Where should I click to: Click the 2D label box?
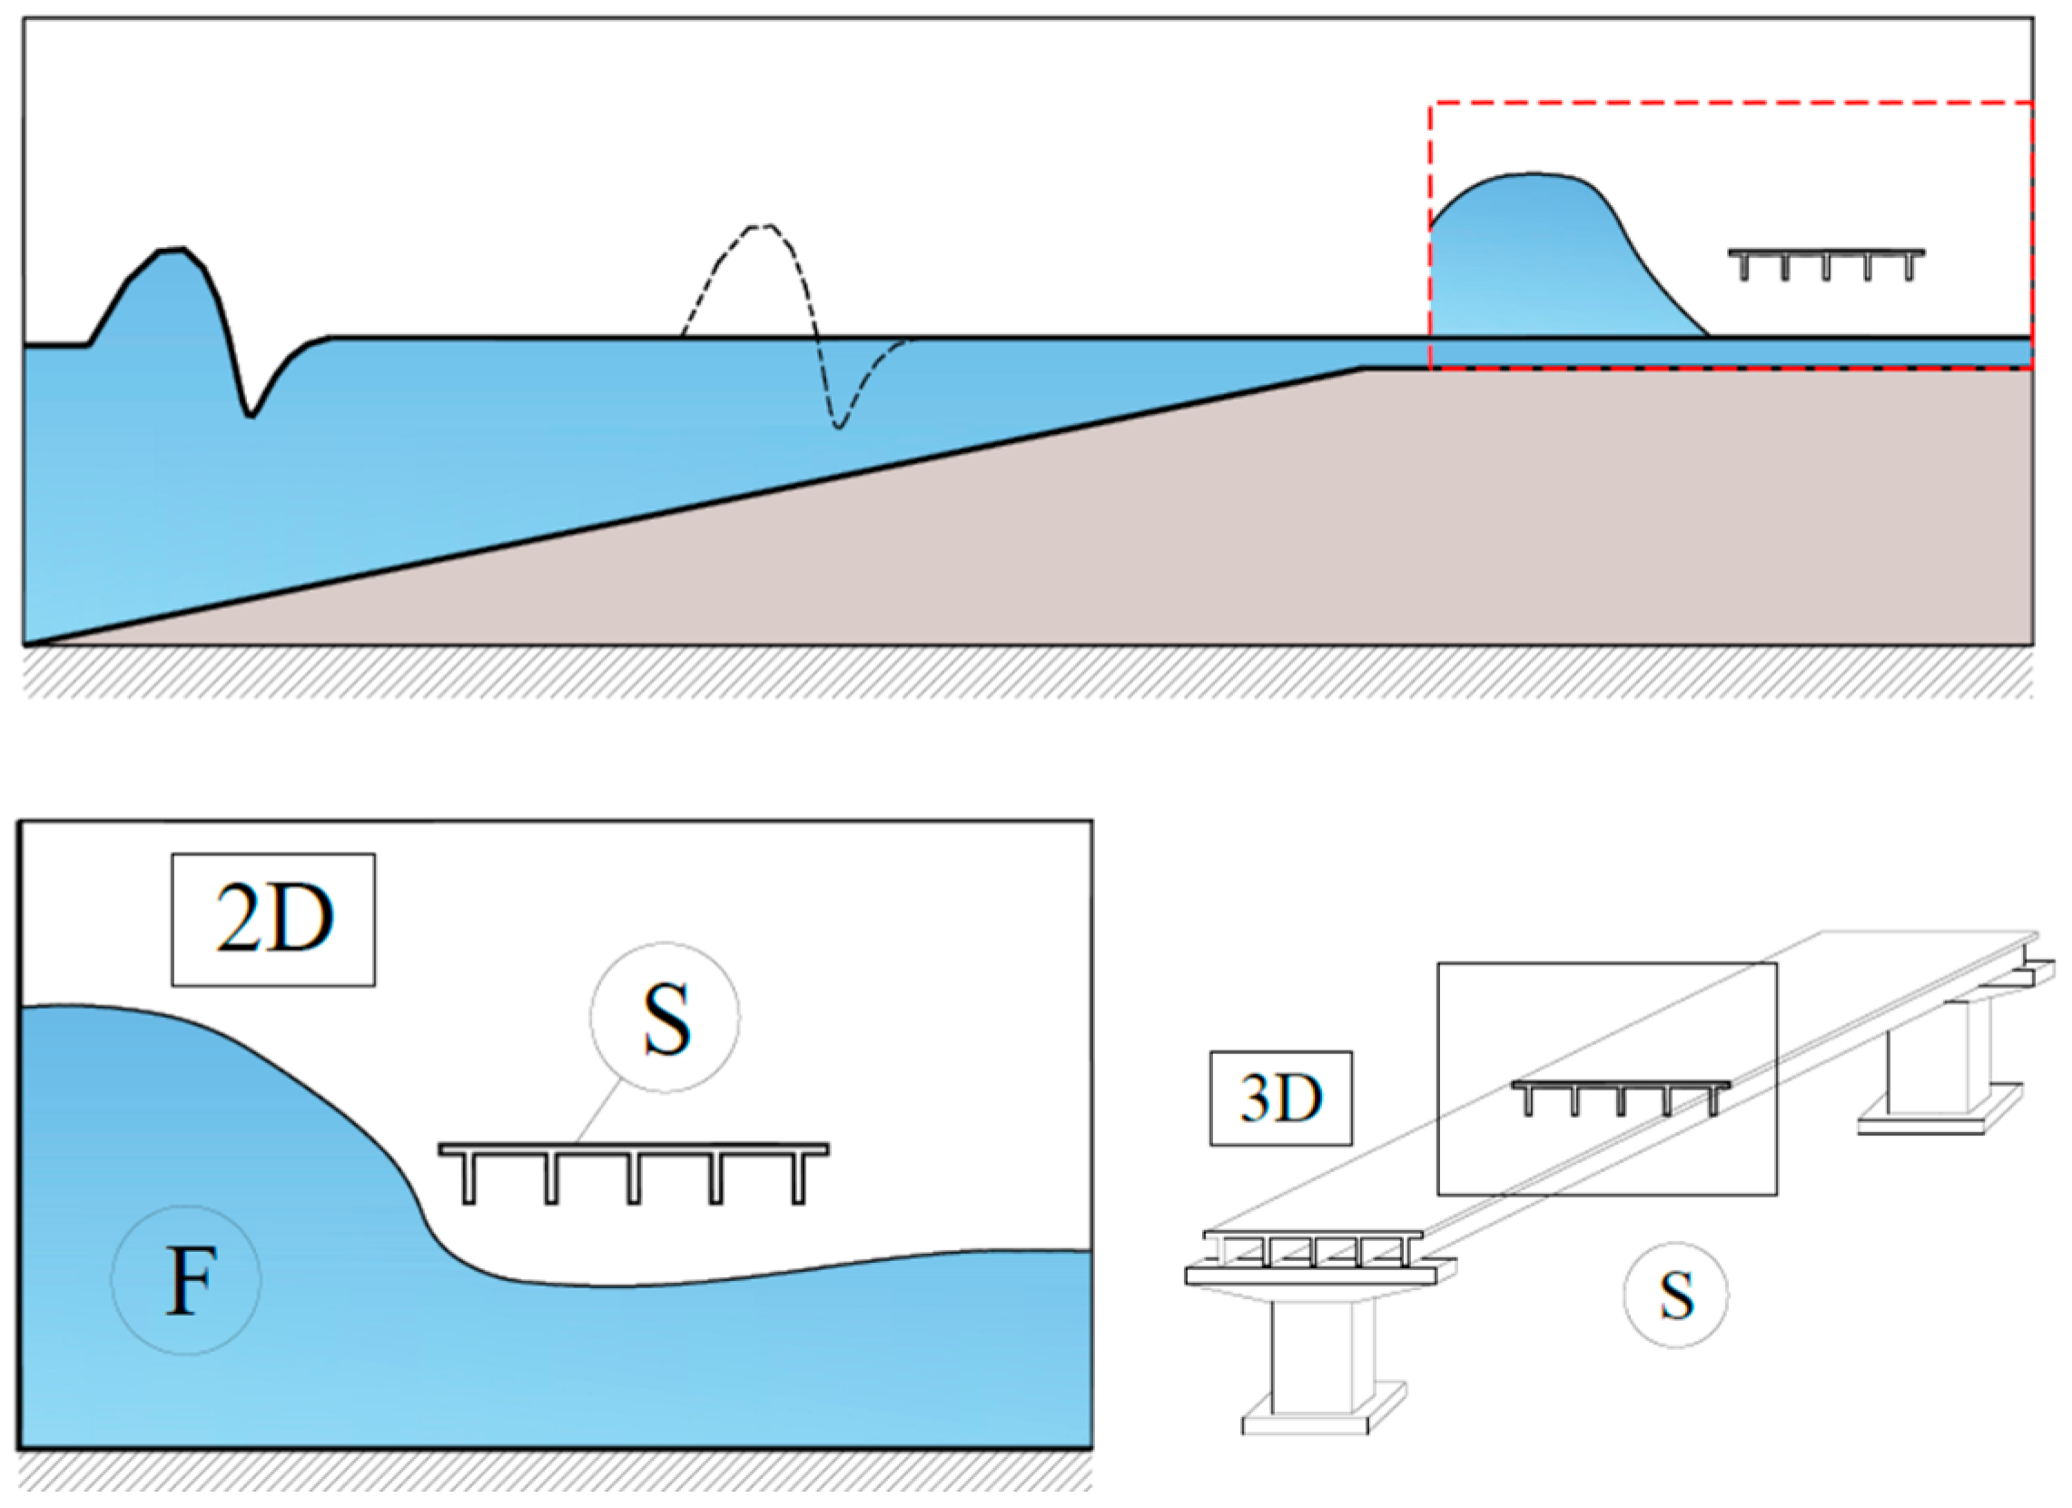pyautogui.click(x=273, y=919)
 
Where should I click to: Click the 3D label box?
pyautogui.click(x=1280, y=1098)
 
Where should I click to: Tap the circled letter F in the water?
pyautogui.click(x=186, y=1279)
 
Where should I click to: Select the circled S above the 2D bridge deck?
pyautogui.click(x=665, y=1018)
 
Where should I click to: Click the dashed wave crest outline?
pyautogui.click(x=758, y=229)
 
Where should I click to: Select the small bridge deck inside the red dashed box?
pyautogui.click(x=1826, y=255)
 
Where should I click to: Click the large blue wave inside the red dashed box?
pyautogui.click(x=1544, y=256)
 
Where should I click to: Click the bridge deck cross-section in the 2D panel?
pyautogui.click(x=633, y=1150)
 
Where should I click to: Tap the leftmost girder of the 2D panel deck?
pyautogui.click(x=469, y=1179)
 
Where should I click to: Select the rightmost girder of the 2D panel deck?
pyautogui.click(x=798, y=1179)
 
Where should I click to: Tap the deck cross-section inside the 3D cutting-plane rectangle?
pyautogui.click(x=1621, y=1086)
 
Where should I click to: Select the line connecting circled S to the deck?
pyautogui.click(x=601, y=1111)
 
